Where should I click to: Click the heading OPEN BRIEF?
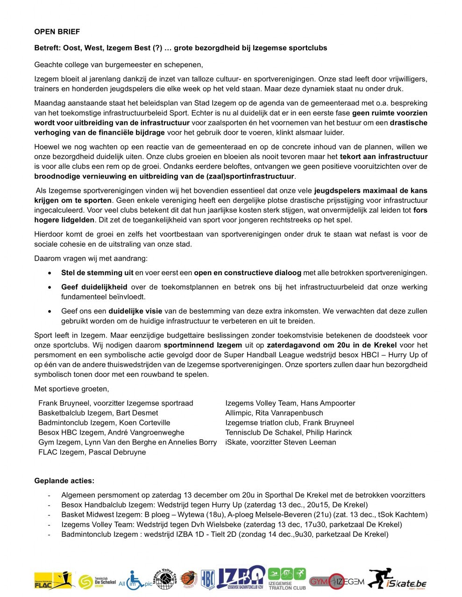[x=57, y=32]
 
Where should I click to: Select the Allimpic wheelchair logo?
[x=135, y=580]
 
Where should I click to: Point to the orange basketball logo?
[x=189, y=580]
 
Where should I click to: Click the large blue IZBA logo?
[x=241, y=578]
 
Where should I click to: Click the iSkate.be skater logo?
[x=397, y=579]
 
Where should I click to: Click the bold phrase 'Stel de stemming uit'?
[x=97, y=273]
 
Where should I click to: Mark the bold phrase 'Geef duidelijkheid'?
[x=94, y=287]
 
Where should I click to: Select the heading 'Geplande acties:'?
[x=64, y=481]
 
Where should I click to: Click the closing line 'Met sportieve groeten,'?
[x=71, y=389]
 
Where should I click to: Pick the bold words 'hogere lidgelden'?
[x=64, y=220]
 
